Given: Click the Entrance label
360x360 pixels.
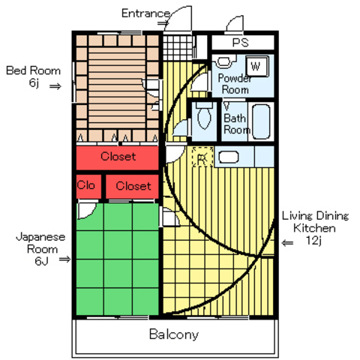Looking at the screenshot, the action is coord(145,13).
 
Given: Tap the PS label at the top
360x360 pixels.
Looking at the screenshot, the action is coord(241,43).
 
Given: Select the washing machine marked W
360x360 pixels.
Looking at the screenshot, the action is coord(256,66).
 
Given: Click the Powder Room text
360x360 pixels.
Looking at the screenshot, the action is coord(235,84).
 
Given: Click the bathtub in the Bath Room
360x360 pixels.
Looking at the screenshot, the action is coord(261,122).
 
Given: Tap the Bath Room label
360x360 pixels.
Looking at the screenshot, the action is coord(237,124).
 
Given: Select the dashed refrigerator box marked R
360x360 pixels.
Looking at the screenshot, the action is coord(202,157).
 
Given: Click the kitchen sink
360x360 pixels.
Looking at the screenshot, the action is coord(229,157).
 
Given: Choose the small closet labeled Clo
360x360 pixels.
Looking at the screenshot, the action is coord(88,186).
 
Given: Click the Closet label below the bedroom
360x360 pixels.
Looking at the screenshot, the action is coord(118,157).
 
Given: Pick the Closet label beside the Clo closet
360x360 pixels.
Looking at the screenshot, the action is coord(133,186).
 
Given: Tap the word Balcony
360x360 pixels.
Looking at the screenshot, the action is coord(174,334).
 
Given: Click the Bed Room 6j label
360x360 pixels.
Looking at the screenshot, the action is coord(33,76).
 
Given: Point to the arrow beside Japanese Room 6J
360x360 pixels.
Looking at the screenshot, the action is coord(64,259).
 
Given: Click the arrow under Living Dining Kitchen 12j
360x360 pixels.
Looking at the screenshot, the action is coord(287,243).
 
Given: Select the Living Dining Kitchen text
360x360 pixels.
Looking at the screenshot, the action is coord(315,222).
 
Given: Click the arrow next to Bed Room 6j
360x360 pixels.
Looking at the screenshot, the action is coord(55,86).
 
